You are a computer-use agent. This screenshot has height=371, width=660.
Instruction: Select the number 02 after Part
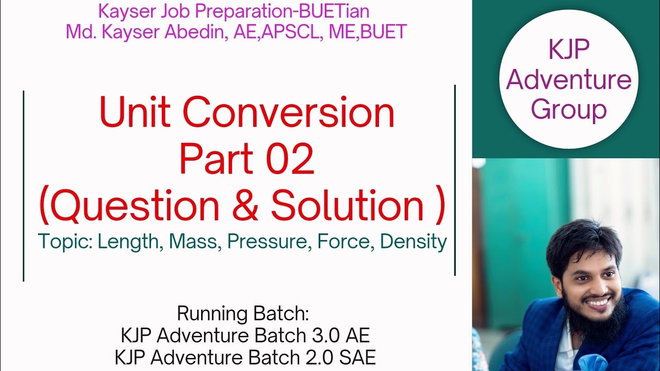click(290, 160)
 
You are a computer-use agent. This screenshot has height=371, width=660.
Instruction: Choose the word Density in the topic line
click(414, 242)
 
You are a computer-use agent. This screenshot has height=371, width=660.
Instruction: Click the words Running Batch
click(242, 313)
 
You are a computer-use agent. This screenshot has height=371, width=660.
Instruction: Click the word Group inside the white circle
click(569, 110)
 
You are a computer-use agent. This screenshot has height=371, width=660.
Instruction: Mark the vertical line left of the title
click(24, 185)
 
